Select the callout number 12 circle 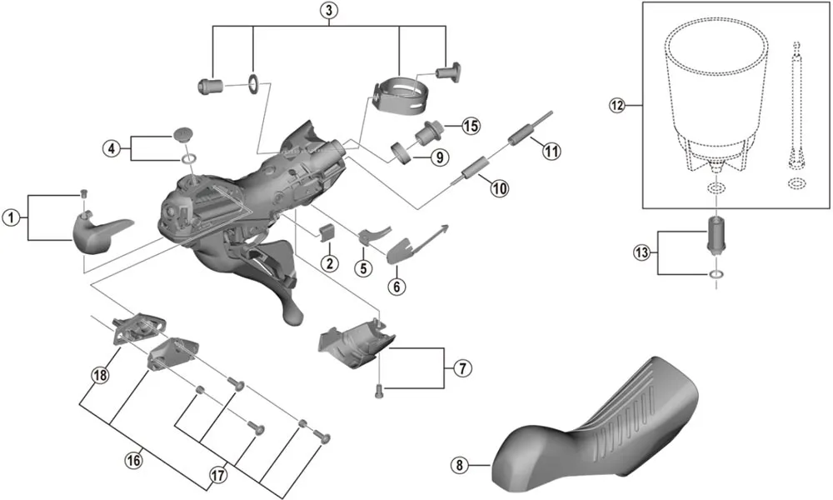click(616, 106)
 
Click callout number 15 click(471, 126)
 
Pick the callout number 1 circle click(10, 218)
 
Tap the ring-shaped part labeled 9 click(402, 153)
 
